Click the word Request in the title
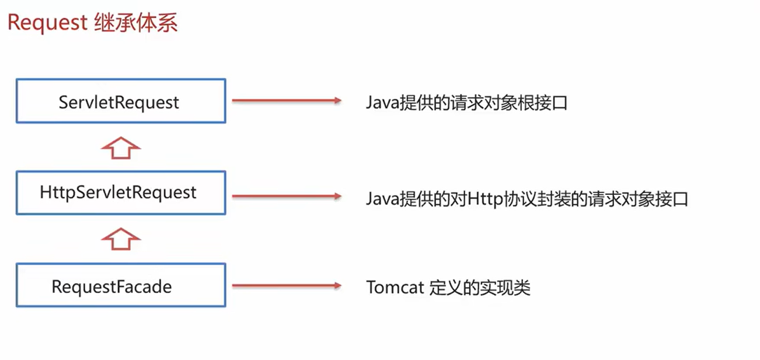click(47, 23)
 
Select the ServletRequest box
click(120, 102)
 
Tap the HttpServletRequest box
click(120, 193)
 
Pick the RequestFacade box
click(120, 286)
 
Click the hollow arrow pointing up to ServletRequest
click(121, 148)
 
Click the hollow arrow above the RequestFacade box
click(121, 239)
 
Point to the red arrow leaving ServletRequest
click(286, 100)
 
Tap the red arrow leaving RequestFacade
click(286, 285)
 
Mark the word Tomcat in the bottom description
click(395, 288)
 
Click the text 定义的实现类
click(480, 288)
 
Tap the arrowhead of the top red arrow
click(336, 100)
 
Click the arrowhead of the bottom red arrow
click(336, 285)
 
